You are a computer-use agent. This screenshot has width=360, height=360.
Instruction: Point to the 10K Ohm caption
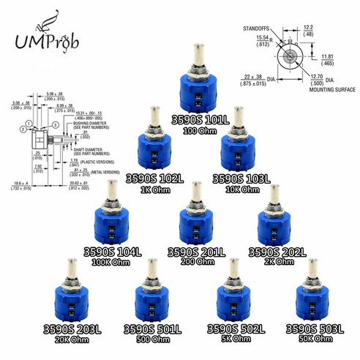click(x=239, y=189)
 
